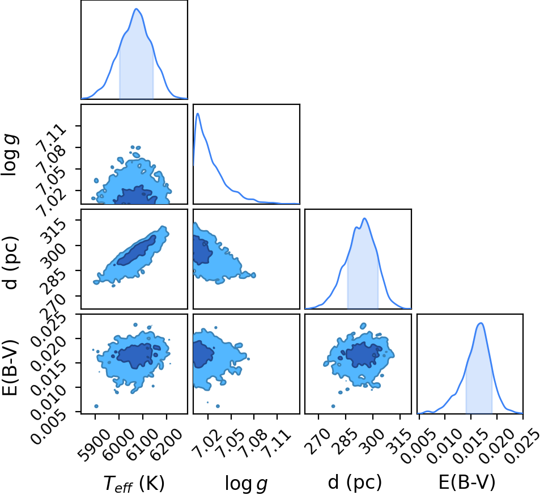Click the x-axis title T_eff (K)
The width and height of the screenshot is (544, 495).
pos(134,483)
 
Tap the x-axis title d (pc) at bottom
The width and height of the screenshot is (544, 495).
pos(355,483)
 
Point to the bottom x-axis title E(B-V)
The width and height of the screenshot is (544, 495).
pos(467,482)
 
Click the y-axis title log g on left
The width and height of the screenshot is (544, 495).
pos(10,154)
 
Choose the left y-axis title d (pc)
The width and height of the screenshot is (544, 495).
pos(10,263)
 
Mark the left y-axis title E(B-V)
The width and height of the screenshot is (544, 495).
pos(10,367)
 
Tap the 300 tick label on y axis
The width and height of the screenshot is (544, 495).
pos(53,255)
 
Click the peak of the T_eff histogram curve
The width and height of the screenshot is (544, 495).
pos(137,9)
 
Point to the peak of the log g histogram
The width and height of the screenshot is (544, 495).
pos(198,113)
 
